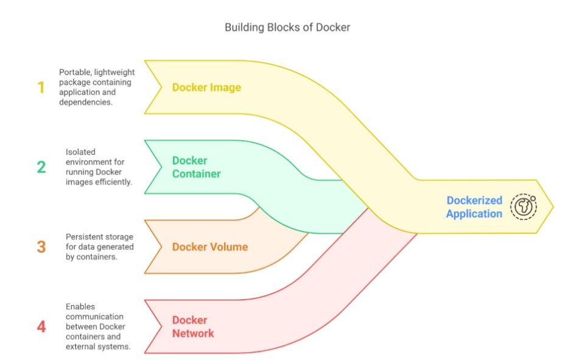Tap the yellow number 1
[x=41, y=88]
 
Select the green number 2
[x=41, y=167]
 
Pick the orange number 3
[x=41, y=247]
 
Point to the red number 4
[x=41, y=326]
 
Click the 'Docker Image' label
[x=206, y=87]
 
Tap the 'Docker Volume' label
[x=209, y=247]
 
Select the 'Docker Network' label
[x=193, y=326]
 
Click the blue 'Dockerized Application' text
[x=474, y=206]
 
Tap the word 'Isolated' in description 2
[x=80, y=152]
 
